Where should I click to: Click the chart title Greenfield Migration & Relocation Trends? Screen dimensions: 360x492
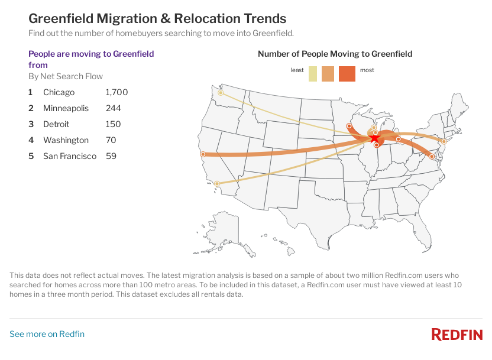click(x=157, y=19)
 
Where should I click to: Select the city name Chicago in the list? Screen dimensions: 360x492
click(x=59, y=92)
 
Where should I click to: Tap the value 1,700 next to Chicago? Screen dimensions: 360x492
click(x=116, y=92)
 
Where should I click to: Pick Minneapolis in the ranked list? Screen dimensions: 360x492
click(x=66, y=108)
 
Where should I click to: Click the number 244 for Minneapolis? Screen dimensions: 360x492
click(x=113, y=108)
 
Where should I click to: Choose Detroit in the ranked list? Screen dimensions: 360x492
click(x=56, y=124)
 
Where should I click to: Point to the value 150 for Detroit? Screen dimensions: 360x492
click(x=113, y=124)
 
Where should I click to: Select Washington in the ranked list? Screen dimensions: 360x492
click(x=66, y=140)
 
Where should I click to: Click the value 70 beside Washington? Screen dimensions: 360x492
click(x=111, y=140)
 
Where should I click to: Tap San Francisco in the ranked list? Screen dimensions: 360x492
click(x=70, y=156)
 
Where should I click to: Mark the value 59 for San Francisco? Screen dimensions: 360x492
click(x=111, y=156)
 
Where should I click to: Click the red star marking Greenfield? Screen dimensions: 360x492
click(x=375, y=138)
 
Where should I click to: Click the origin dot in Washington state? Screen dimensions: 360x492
click(x=221, y=93)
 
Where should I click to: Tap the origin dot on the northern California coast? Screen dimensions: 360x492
click(x=203, y=154)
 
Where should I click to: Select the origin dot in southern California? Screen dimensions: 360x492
click(x=218, y=183)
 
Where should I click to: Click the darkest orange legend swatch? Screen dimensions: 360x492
click(x=347, y=74)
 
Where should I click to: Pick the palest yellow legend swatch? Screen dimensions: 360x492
click(x=313, y=74)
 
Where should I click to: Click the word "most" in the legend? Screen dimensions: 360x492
click(x=367, y=70)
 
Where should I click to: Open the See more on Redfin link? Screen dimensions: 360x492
click(x=47, y=334)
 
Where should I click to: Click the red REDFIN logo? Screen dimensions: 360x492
click(x=457, y=335)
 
